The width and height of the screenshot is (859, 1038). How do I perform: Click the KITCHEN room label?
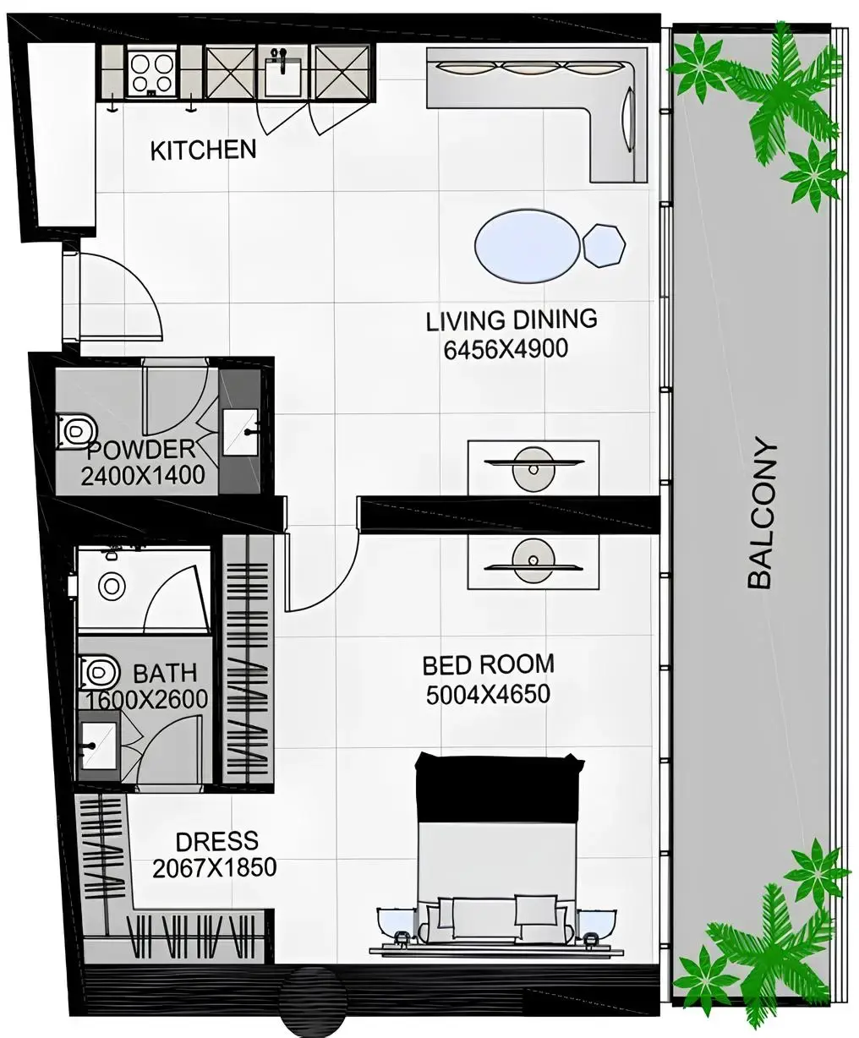click(203, 150)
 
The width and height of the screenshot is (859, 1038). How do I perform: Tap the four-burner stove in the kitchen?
click(151, 70)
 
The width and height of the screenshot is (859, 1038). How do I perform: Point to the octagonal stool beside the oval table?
click(604, 246)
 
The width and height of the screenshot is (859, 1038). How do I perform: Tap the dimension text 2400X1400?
click(143, 475)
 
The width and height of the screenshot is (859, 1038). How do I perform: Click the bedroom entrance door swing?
click(321, 575)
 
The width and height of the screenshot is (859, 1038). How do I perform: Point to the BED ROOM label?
click(488, 664)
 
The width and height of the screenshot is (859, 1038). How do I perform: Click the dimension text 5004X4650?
click(488, 695)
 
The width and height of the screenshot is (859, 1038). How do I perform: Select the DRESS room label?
click(216, 842)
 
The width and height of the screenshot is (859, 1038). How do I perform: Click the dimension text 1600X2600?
click(145, 700)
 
